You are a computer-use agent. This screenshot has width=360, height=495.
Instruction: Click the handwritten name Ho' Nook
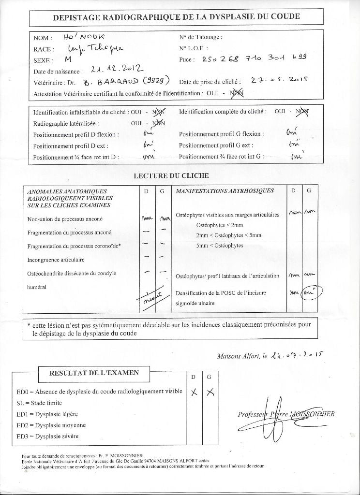tap(81, 37)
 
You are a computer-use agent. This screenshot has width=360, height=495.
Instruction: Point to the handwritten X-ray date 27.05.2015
tap(279, 81)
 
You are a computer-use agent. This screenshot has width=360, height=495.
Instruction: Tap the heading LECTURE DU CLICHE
tap(171, 175)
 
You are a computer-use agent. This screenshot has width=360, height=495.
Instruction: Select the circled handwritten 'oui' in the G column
tap(309, 293)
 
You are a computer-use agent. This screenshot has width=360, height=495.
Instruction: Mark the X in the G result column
tap(210, 392)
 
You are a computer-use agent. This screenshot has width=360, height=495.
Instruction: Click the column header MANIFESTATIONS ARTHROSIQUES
tap(225, 191)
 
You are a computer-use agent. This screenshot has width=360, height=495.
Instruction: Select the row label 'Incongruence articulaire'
tap(56, 260)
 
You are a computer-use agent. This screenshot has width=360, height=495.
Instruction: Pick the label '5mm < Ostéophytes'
tap(220, 246)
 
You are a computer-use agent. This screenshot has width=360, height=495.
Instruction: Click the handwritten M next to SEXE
tap(67, 60)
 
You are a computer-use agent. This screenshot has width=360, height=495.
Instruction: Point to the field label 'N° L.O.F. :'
tap(194, 48)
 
